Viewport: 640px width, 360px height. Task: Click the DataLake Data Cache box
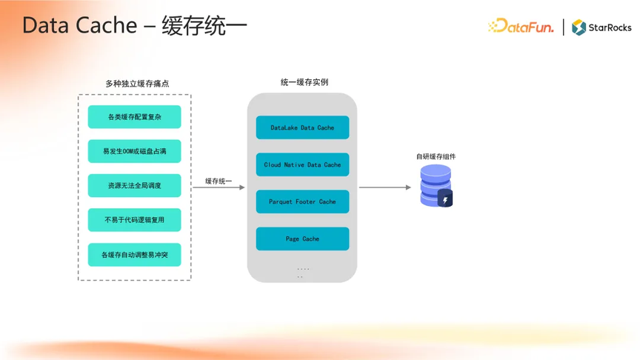tap(302, 127)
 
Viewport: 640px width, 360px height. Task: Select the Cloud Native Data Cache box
tap(302, 164)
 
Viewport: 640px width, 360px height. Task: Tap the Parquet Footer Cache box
tap(302, 201)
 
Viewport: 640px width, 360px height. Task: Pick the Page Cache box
tap(302, 239)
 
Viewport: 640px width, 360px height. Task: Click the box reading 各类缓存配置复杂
tap(134, 117)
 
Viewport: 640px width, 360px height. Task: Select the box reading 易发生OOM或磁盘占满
tap(134, 151)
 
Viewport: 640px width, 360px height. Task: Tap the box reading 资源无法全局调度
tap(134, 186)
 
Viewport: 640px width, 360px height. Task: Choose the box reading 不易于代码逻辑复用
tap(134, 220)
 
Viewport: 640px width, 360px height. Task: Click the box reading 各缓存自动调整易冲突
tap(134, 255)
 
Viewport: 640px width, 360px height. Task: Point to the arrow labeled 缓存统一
tap(219, 187)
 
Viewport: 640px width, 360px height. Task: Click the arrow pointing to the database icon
tap(385, 187)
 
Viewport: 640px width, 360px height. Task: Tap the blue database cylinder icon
tap(436, 185)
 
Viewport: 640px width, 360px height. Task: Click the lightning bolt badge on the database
tap(445, 199)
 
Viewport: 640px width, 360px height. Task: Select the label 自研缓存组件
tap(436, 156)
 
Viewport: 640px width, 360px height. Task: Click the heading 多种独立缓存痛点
tap(137, 84)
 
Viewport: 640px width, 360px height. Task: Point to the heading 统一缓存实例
tap(304, 82)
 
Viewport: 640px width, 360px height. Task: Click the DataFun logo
tap(521, 27)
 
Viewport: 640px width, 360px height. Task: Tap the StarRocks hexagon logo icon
tap(579, 27)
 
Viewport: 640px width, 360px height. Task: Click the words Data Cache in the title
tap(79, 25)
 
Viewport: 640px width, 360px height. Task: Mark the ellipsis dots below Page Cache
tap(302, 273)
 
